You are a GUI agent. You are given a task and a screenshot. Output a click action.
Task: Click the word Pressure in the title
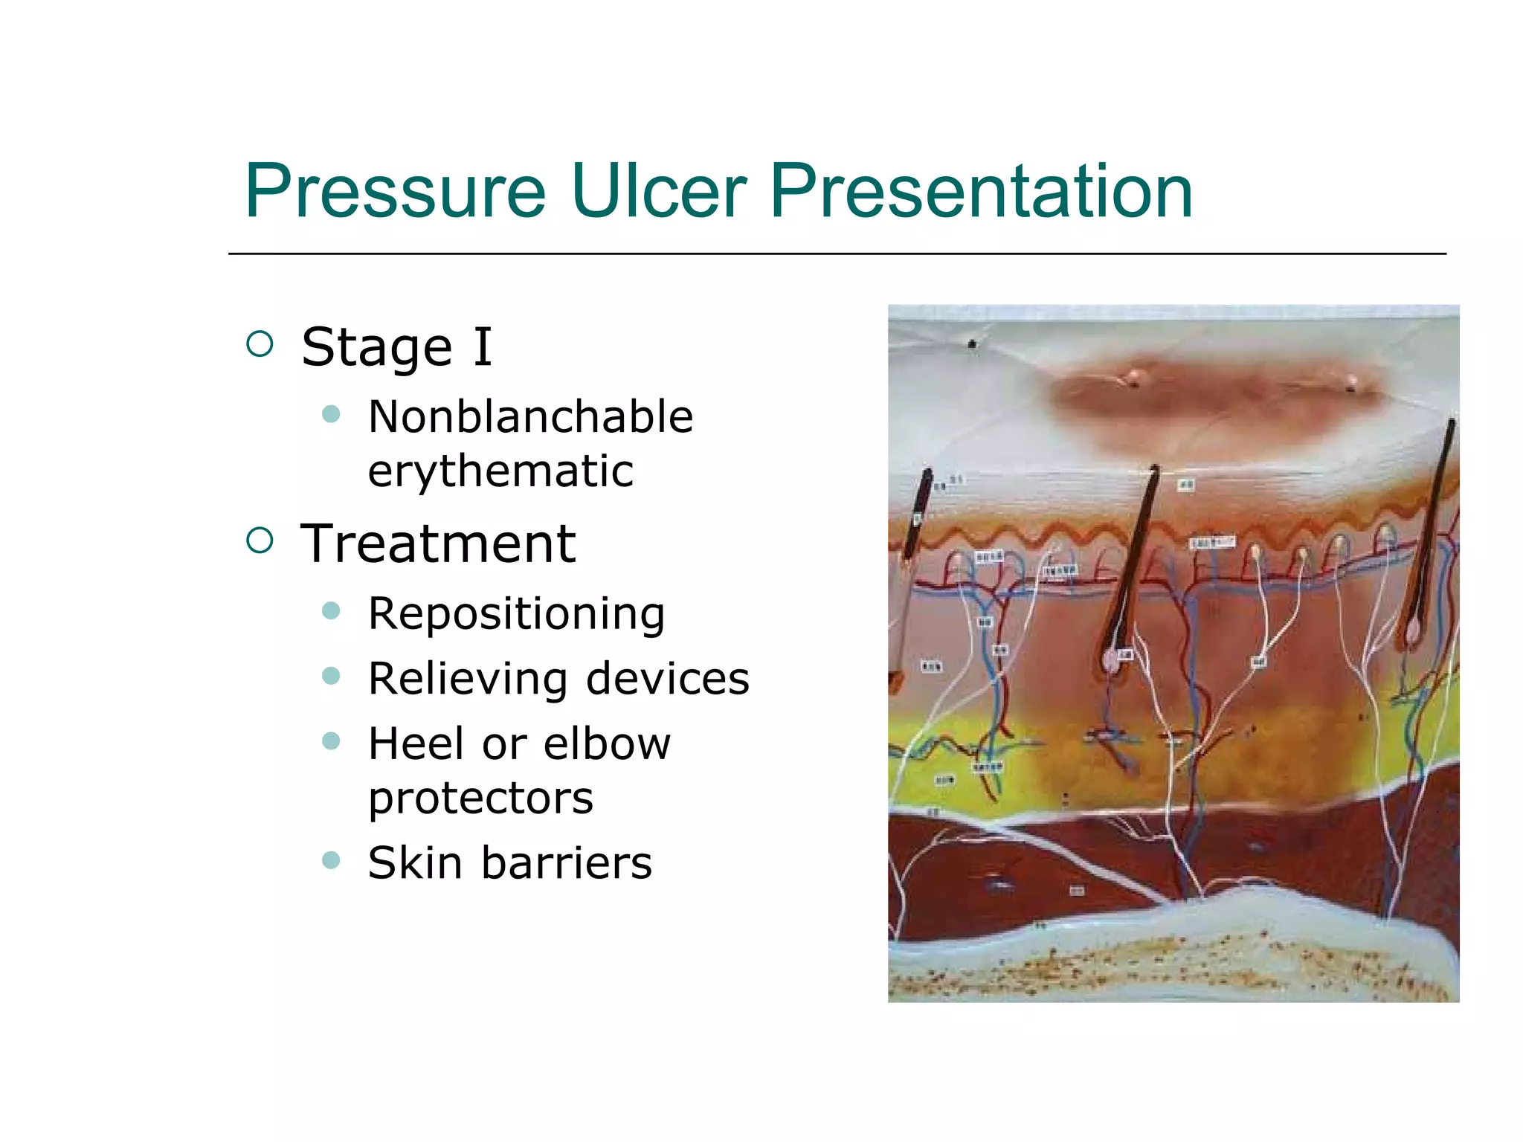click(x=395, y=192)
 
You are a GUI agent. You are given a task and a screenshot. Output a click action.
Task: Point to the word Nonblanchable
click(x=530, y=416)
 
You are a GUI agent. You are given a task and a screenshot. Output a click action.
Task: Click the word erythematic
click(x=500, y=471)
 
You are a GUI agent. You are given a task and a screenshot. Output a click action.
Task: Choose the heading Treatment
click(x=438, y=543)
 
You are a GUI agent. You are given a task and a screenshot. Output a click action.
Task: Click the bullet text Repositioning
click(x=516, y=614)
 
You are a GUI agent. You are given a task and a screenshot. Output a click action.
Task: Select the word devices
click(x=668, y=679)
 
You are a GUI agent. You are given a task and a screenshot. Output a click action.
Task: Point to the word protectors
click(x=480, y=799)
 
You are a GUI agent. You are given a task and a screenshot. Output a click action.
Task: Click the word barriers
click(x=567, y=863)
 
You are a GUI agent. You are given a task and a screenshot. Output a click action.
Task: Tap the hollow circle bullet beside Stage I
click(x=260, y=343)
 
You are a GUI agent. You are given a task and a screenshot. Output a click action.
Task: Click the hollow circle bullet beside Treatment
click(x=260, y=541)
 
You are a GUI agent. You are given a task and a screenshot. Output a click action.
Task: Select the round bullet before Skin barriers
click(x=331, y=860)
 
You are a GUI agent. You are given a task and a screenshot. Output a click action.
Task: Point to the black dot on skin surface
click(x=972, y=343)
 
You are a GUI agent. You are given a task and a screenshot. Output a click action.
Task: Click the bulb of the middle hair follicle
click(x=1112, y=659)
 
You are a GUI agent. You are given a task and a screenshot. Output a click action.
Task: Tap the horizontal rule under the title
click(x=837, y=254)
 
